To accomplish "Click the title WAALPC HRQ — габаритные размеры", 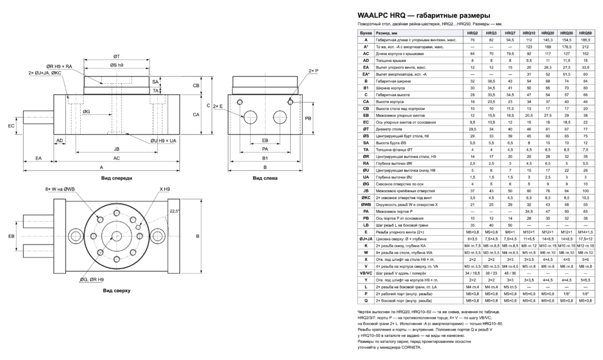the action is coord(424,16).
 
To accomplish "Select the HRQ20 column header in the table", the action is coord(548,33).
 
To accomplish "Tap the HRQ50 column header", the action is coord(586,33).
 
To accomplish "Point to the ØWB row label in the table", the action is coord(366,204).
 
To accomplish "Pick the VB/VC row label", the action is coord(366,273).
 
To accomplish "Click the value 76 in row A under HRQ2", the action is coord(472,40).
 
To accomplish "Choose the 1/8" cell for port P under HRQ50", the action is coord(586,294).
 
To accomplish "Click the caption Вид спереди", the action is coord(117,178).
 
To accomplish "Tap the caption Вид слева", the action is coord(265,178).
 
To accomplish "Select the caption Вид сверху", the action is coord(117,290).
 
